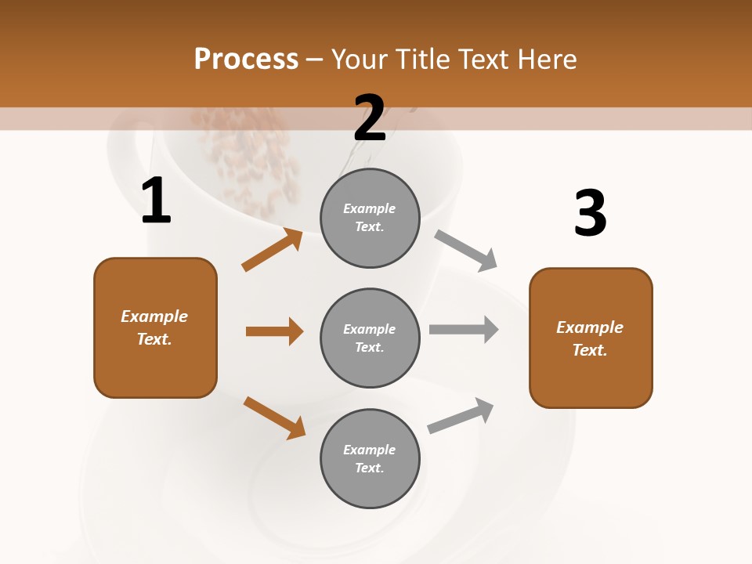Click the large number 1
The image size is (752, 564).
156,202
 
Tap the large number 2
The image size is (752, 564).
370,118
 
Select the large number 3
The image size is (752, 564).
590,214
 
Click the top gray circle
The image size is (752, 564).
370,218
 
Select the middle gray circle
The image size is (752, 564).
370,338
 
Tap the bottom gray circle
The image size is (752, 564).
370,458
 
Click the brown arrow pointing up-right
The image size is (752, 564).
273,250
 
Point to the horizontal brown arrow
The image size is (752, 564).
274,331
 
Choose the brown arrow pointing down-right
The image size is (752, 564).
274,418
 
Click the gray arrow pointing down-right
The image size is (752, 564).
466,250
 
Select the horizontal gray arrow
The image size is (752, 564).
464,330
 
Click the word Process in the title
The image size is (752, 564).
246,59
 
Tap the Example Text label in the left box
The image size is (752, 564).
154,327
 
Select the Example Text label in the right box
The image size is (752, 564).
590,338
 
